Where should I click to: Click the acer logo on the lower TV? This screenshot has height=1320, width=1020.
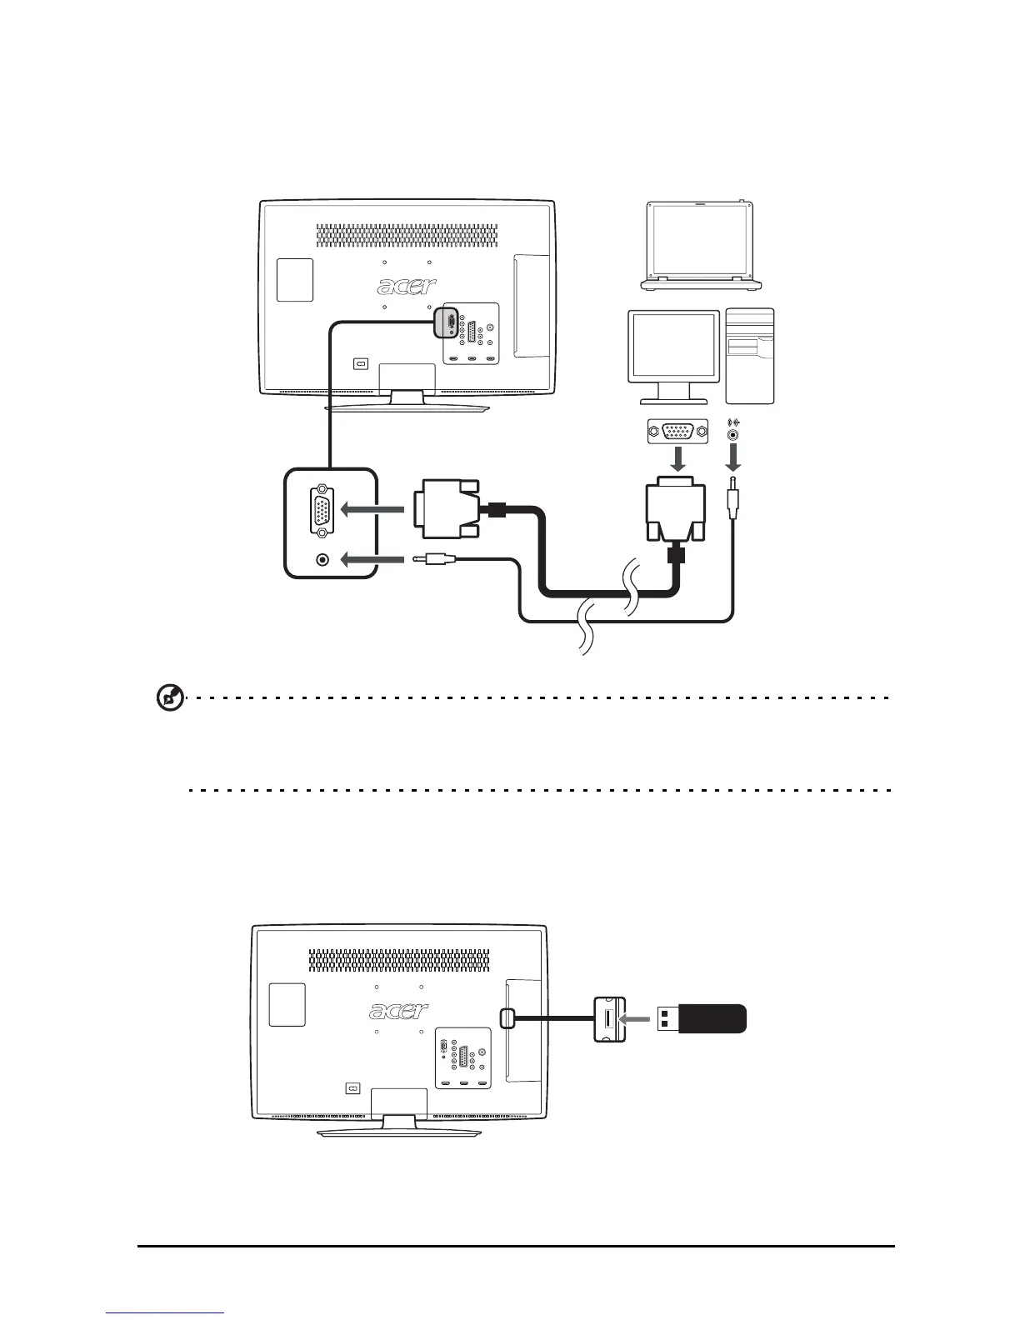(399, 1011)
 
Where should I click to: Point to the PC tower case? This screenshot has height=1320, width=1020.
(750, 356)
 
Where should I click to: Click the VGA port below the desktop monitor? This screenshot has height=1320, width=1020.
(677, 432)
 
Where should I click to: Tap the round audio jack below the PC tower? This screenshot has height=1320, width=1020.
(733, 434)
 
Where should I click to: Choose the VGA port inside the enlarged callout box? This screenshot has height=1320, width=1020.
(322, 511)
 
